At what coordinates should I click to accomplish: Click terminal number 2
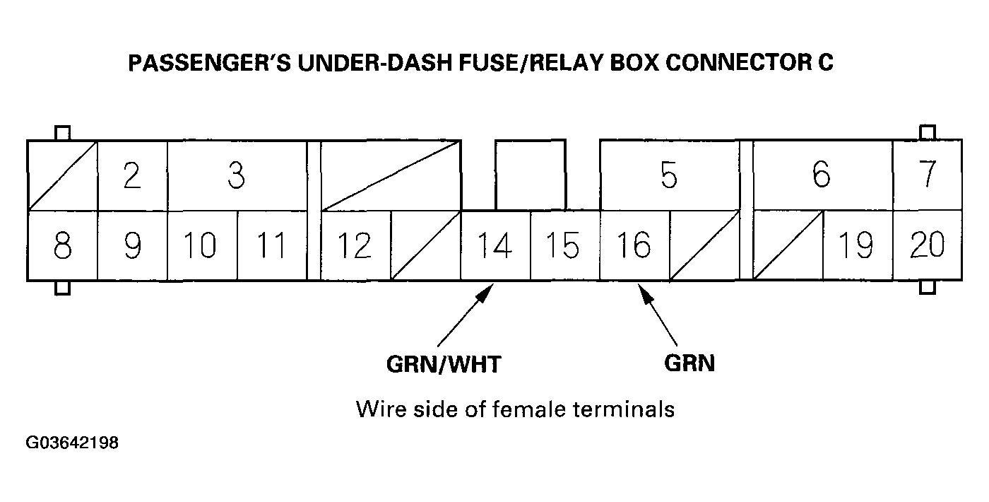coord(132,175)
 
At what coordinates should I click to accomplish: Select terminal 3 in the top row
coord(237,175)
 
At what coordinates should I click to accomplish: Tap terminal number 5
coord(669,175)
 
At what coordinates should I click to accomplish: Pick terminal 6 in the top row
coord(822,175)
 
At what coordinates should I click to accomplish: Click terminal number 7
coord(927,175)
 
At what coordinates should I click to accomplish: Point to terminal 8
coord(62,245)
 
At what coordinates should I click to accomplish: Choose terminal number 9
coord(133,245)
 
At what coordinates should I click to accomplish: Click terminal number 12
coord(355,245)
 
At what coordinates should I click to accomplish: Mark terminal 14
coord(495,245)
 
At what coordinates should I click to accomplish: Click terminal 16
coord(634,245)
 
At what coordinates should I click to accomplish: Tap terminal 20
coord(927,245)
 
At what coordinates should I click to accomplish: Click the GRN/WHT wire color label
coord(444,365)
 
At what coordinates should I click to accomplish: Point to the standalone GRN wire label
coord(689,363)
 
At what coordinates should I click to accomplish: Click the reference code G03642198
coord(72,443)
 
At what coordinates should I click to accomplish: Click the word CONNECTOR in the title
coord(738,62)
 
